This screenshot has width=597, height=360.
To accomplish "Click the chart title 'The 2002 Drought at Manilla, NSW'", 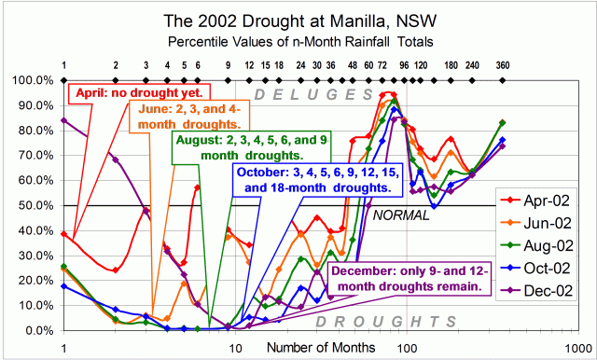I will coord(298,19).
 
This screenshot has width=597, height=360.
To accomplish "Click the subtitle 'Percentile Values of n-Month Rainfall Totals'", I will coord(298,42).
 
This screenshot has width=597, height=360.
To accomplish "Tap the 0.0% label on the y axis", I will coord(38,330).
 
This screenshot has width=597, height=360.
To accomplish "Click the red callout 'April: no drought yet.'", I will coord(140,93).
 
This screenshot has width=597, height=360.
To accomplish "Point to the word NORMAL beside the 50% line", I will coord(399,215).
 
